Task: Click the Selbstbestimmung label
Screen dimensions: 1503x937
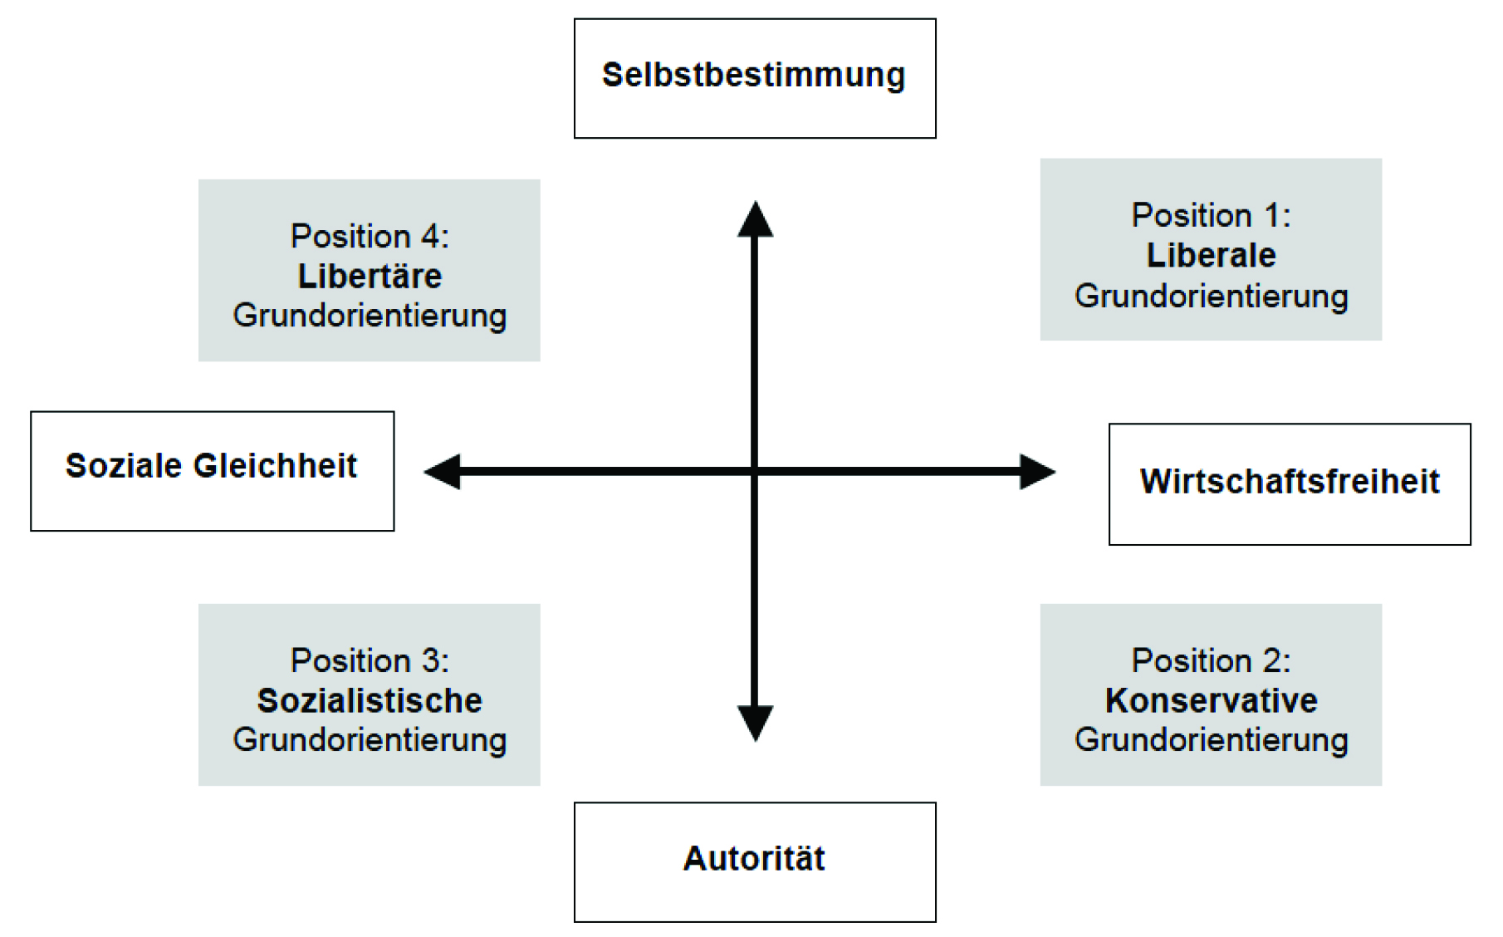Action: coord(753,76)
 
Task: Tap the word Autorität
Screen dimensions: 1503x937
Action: coord(754,859)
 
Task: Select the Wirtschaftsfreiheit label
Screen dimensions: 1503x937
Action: coord(1290,482)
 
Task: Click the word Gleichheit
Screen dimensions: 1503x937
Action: coord(275,466)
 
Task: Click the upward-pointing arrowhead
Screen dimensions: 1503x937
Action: coord(755,218)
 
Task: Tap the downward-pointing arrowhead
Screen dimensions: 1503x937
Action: coord(755,724)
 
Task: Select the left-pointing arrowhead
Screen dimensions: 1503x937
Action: coord(442,472)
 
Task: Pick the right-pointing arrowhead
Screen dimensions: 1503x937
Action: coord(1038,472)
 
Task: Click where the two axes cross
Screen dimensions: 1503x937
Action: coord(755,472)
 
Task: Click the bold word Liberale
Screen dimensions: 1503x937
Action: coord(1211,256)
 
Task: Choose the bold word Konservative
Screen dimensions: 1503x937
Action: coord(1211,701)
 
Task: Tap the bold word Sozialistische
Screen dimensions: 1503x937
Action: coord(370,701)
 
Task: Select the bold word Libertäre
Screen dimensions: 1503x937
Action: coord(370,277)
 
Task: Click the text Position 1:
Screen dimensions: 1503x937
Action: coord(1211,216)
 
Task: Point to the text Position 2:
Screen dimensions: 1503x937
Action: coord(1211,661)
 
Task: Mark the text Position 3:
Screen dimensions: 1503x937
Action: coord(370,661)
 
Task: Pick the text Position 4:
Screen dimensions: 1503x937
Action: coord(370,237)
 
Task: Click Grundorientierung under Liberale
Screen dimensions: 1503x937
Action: coord(1211,297)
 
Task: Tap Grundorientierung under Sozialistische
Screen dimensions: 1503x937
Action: coord(370,740)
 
